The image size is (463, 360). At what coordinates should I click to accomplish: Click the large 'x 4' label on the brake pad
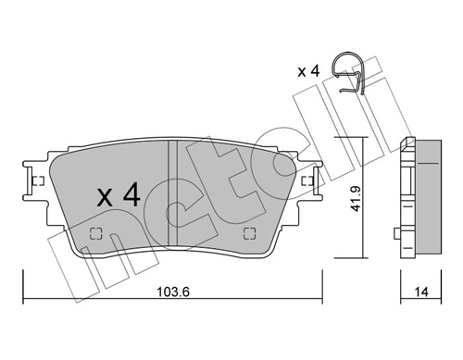[x=118, y=195]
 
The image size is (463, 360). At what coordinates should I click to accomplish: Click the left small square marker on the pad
[x=94, y=232]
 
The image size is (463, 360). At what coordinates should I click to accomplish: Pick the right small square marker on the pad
[x=247, y=232]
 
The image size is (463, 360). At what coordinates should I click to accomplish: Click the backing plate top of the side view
[x=407, y=142]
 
